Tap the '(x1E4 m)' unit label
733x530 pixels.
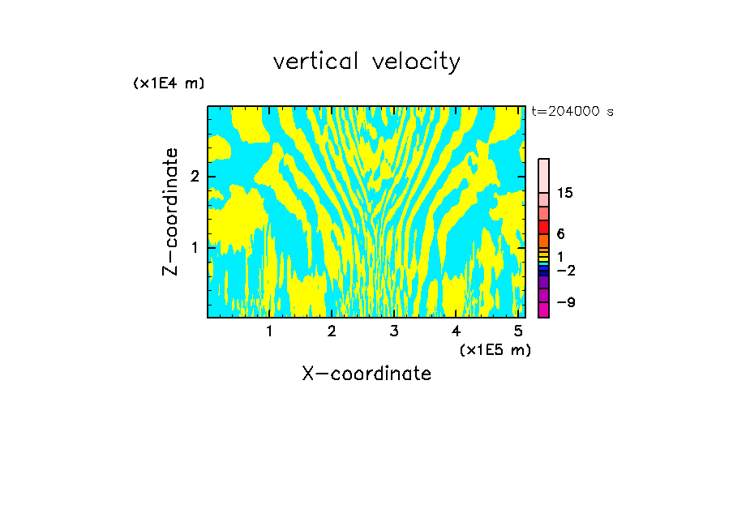(169, 83)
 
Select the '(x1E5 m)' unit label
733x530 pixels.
(495, 349)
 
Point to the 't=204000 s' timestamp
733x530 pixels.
(572, 112)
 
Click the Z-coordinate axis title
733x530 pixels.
(170, 212)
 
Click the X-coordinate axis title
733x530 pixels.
(366, 374)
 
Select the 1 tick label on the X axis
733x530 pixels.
(269, 331)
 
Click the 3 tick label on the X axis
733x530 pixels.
(394, 331)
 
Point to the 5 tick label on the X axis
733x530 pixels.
(518, 331)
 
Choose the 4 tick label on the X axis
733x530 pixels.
(456, 331)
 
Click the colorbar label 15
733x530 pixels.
(565, 193)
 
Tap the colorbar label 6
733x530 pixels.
(560, 234)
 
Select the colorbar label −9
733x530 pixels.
(565, 302)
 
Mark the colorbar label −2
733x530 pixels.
(565, 270)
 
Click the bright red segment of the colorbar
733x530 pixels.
(543, 227)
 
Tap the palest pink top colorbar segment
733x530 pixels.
(543, 175)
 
